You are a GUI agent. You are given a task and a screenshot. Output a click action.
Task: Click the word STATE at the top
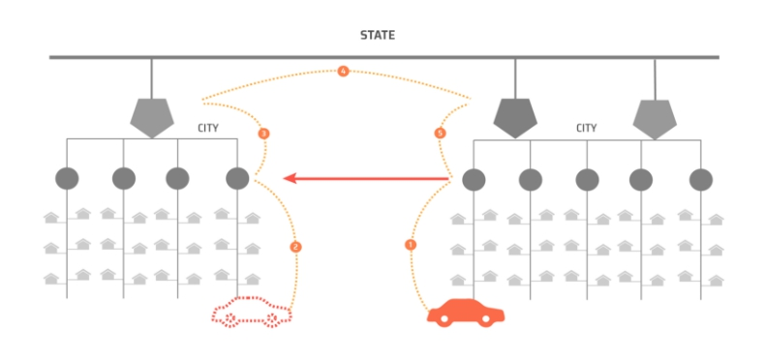pyautogui.click(x=377, y=35)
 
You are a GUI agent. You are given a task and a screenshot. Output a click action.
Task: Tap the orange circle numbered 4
pyautogui.click(x=344, y=72)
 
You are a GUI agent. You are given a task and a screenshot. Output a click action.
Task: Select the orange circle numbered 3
pyautogui.click(x=263, y=134)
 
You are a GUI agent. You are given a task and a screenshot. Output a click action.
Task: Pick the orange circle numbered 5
pyautogui.click(x=440, y=133)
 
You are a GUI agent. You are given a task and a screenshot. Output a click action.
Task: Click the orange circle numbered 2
pyautogui.click(x=295, y=247)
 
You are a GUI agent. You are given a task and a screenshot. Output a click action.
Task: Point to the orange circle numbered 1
pyautogui.click(x=411, y=245)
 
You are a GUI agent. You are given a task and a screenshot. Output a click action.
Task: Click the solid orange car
pyautogui.click(x=466, y=313)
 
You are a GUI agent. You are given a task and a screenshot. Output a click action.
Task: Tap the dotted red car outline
pyautogui.click(x=251, y=312)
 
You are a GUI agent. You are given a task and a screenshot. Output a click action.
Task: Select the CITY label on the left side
pyautogui.click(x=208, y=129)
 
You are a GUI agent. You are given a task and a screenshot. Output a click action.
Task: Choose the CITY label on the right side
pyautogui.click(x=587, y=128)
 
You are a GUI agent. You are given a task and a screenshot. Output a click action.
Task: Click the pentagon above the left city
pyautogui.click(x=152, y=117)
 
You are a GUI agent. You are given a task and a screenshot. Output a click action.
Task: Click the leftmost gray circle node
pyautogui.click(x=67, y=178)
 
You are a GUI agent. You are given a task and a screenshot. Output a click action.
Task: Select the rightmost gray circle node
pyautogui.click(x=701, y=180)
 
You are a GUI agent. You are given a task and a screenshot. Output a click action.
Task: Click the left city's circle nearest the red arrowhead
pyautogui.click(x=237, y=178)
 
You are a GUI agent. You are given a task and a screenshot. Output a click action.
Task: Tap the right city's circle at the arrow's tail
pyautogui.click(x=474, y=179)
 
